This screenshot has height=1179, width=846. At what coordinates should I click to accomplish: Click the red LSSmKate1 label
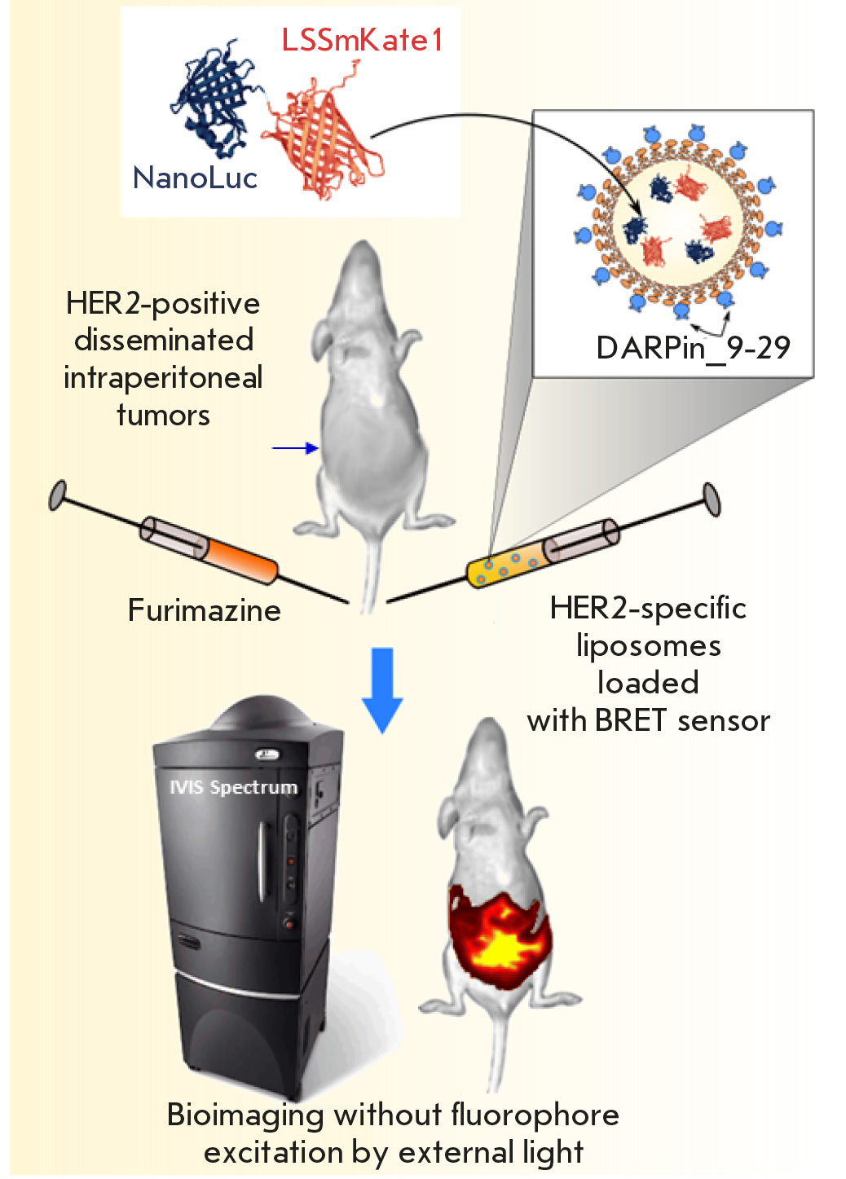[362, 40]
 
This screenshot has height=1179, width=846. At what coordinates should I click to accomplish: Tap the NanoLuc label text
[195, 178]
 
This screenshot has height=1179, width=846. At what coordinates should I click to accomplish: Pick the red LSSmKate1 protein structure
[322, 143]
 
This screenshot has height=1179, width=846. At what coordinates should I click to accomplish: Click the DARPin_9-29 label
[693, 348]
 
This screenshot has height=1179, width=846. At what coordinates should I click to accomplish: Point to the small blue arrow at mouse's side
[294, 447]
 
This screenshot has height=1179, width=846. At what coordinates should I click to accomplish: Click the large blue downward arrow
[381, 688]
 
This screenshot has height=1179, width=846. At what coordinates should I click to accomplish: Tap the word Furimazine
[204, 610]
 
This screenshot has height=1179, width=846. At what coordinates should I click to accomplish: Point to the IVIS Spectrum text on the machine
[233, 787]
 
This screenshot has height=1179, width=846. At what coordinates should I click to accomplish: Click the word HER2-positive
[163, 304]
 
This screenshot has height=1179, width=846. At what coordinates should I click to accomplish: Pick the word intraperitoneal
[163, 378]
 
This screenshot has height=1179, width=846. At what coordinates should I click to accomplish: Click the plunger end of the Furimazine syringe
[57, 495]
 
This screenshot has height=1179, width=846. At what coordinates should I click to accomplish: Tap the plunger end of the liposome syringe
[712, 499]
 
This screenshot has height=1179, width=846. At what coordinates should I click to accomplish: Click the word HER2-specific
[648, 608]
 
